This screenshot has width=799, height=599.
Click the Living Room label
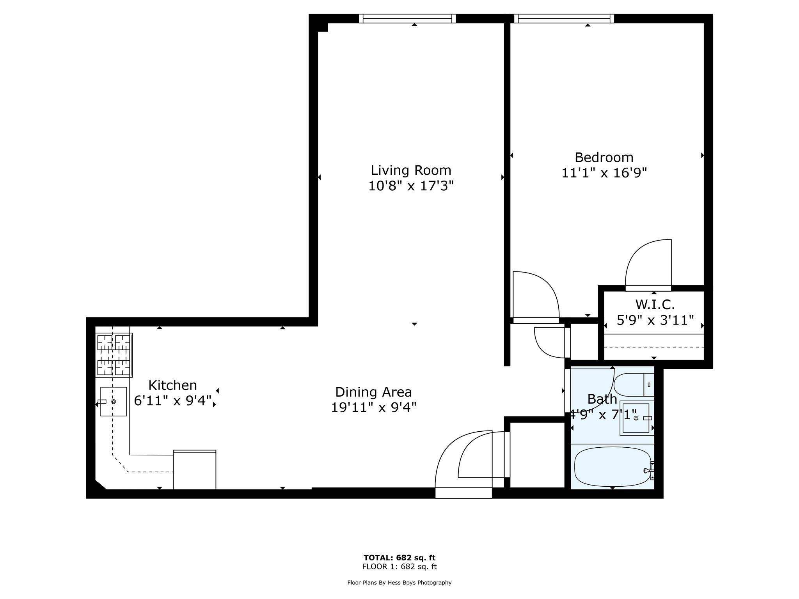pyautogui.click(x=411, y=170)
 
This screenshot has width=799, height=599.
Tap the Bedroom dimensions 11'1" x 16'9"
pyautogui.click(x=604, y=173)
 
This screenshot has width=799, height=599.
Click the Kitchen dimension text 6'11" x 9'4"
pyautogui.click(x=173, y=401)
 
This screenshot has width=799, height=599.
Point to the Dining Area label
pyautogui.click(x=373, y=392)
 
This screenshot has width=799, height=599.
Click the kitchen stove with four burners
pyautogui.click(x=114, y=355)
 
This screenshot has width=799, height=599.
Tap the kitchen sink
pyautogui.click(x=113, y=401)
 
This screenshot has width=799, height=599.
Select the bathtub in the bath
pyautogui.click(x=612, y=466)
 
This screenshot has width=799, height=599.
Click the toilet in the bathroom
pyautogui.click(x=633, y=385)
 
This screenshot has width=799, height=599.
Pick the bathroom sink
pyautogui.click(x=636, y=418)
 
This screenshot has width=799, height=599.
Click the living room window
pyautogui.click(x=407, y=18)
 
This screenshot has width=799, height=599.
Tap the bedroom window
pyautogui.click(x=564, y=18)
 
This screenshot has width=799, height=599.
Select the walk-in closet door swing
pyautogui.click(x=648, y=264)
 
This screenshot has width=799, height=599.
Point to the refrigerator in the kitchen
pyautogui.click(x=194, y=470)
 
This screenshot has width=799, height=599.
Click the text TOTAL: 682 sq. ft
pyautogui.click(x=399, y=558)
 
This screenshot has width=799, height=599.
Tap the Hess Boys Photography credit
pyautogui.click(x=399, y=583)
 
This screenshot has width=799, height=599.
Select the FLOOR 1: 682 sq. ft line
pyautogui.click(x=399, y=567)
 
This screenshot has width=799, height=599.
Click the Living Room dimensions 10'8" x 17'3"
pyautogui.click(x=411, y=186)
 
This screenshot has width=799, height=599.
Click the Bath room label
pyautogui.click(x=602, y=399)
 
